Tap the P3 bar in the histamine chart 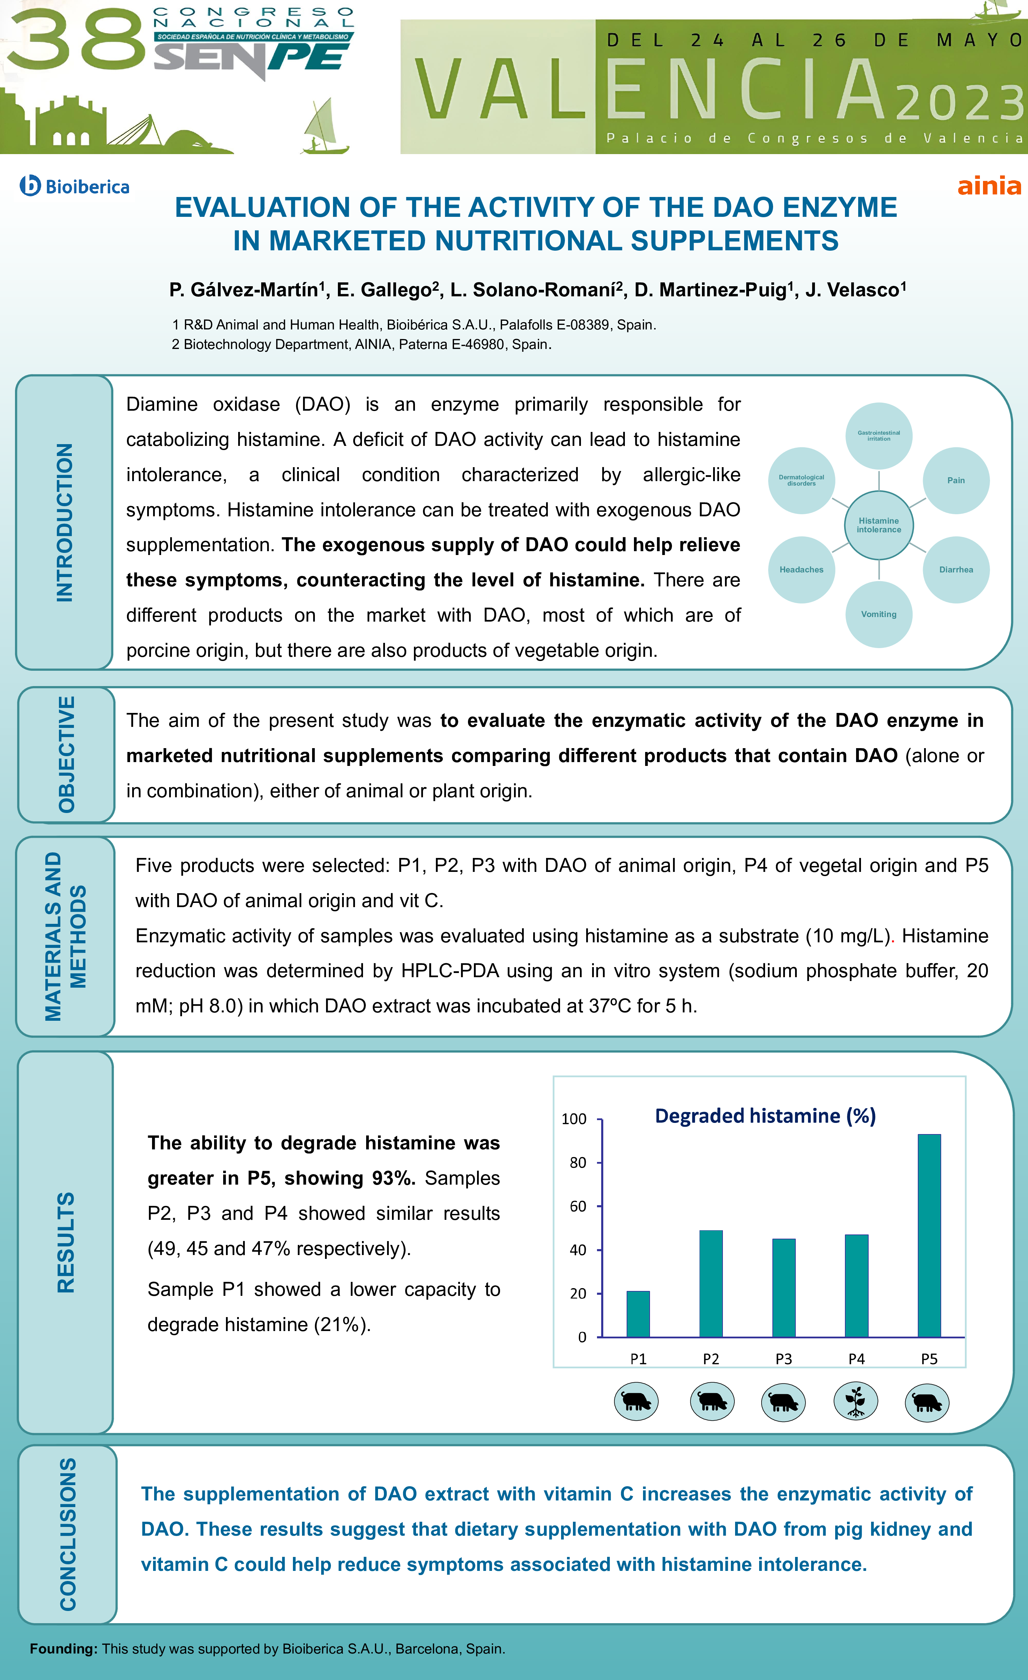coord(783,1287)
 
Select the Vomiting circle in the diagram coord(879,614)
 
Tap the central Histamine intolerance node coord(879,525)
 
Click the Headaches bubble coord(802,570)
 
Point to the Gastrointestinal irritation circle coord(879,436)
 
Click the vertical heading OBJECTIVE coord(66,755)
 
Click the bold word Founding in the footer coord(63,1649)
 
